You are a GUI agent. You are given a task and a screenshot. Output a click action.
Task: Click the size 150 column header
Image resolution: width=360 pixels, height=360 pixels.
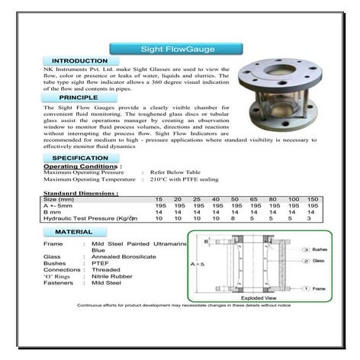click(x=313, y=199)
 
